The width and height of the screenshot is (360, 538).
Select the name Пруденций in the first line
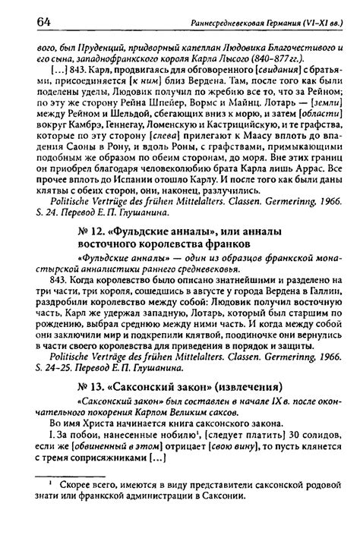(x=78, y=45)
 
